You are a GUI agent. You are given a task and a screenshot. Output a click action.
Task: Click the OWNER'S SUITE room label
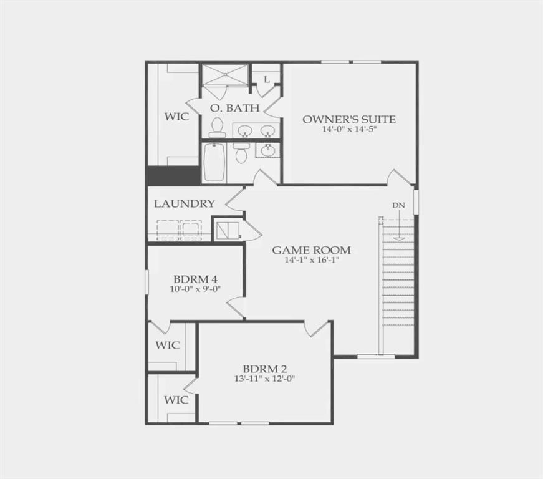point(349,119)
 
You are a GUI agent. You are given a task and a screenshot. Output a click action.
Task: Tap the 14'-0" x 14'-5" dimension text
point(349,130)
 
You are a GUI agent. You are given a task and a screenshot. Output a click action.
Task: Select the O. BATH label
point(234,108)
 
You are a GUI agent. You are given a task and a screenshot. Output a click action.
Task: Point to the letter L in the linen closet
point(266,80)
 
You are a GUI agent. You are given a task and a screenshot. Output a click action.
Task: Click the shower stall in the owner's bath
point(224,76)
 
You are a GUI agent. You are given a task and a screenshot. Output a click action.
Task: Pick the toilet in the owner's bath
point(217,128)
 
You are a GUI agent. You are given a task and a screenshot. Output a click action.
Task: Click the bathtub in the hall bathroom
point(214,163)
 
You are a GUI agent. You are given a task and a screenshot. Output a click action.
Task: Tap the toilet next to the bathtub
point(241,153)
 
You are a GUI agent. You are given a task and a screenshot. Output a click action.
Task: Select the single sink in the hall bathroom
point(268,150)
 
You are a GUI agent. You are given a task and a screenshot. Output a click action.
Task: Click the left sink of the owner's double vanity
point(244,131)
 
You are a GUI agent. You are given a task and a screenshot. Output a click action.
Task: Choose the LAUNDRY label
point(185,203)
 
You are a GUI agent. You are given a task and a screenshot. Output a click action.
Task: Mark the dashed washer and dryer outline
point(180,230)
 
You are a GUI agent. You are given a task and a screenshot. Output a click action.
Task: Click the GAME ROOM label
point(311,250)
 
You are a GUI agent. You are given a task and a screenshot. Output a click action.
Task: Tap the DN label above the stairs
point(399,205)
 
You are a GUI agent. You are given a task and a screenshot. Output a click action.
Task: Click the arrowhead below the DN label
point(399,238)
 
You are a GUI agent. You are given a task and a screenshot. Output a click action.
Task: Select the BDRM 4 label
point(195,278)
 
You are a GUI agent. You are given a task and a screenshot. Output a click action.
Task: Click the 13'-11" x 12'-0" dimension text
point(264,379)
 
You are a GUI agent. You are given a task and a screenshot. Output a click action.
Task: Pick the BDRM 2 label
point(264,368)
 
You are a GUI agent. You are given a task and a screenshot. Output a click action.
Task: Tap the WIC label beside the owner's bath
point(176,116)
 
